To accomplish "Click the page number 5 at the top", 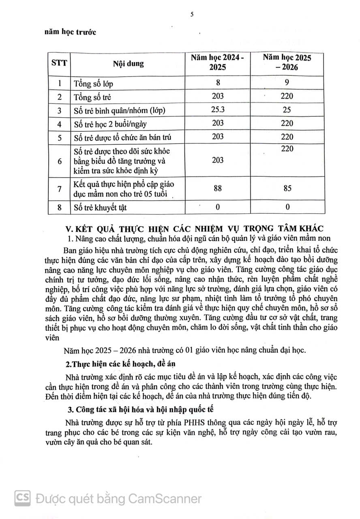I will pos(192,15).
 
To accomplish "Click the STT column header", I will pos(59,63).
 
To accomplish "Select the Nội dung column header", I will pos(128,64).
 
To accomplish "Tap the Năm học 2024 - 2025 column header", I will pos(218,63).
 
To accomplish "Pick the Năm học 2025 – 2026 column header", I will pos(287,63).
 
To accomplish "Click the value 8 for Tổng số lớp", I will pos(218,83).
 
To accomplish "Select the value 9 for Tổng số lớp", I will pos(287,83).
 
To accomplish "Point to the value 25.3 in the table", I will pos(218,109).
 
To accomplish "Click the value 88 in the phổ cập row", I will pos(218,188).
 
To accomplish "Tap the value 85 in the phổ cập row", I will pos(287,188).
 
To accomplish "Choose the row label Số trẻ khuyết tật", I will pos(100,208).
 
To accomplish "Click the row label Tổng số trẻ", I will pos(92,97).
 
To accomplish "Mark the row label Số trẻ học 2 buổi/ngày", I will pos(108,124).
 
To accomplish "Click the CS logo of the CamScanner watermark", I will pos(23,497).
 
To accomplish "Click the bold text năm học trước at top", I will pos(70,32).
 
